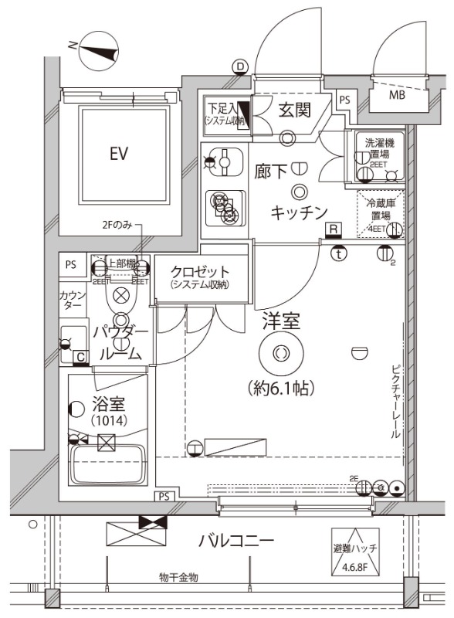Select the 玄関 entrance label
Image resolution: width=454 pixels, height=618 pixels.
click(x=293, y=109)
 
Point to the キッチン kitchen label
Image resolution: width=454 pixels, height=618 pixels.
click(x=299, y=213)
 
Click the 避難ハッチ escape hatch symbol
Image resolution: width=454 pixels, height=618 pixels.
click(x=356, y=548)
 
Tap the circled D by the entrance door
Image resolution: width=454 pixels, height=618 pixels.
click(x=240, y=67)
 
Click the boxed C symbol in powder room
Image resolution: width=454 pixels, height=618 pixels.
click(x=80, y=357)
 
